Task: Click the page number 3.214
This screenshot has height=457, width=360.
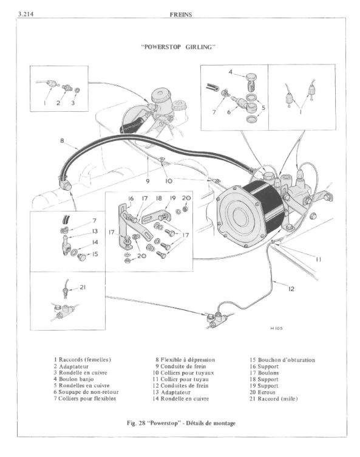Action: (25, 14)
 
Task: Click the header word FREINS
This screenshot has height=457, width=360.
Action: (181, 15)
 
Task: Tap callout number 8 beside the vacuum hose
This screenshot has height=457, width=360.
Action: (62, 141)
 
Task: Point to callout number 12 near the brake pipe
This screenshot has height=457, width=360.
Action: (291, 289)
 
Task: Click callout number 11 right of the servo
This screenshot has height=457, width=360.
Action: (318, 259)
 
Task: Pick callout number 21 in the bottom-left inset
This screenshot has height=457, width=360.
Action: (83, 287)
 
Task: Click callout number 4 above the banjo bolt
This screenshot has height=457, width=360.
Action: (231, 72)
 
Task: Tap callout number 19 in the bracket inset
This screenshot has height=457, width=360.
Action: (173, 198)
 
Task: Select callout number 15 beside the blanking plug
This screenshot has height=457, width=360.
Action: (95, 254)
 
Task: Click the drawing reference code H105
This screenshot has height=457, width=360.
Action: (276, 328)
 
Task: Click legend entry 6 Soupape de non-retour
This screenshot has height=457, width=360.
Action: (86, 392)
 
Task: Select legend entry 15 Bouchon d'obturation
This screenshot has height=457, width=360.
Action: (282, 360)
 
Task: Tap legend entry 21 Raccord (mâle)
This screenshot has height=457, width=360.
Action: (274, 399)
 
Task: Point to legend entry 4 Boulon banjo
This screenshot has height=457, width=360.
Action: (73, 379)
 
